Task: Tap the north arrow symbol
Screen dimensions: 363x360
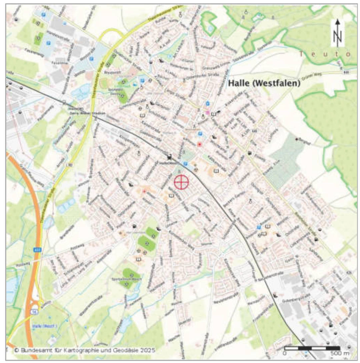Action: (338, 33)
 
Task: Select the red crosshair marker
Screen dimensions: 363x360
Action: (181, 182)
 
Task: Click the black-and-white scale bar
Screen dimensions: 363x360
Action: (312, 348)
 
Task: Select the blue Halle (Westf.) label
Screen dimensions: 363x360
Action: (45, 326)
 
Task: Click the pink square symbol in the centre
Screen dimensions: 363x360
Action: (208, 113)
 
